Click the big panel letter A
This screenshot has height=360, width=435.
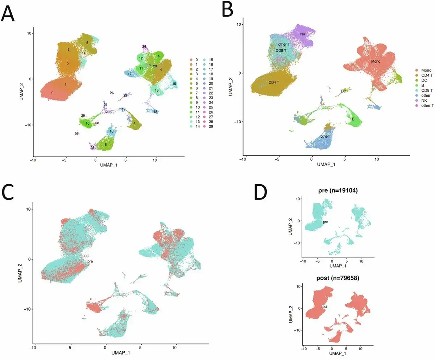(8, 13)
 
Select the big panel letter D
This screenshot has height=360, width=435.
(261, 192)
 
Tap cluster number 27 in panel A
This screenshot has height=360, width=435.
(76, 134)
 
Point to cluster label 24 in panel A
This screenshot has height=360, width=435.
(144, 46)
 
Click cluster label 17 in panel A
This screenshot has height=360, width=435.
(129, 74)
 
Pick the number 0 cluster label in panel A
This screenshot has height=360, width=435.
(52, 93)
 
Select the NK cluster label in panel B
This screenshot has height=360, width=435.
(303, 34)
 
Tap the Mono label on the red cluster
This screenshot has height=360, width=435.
(376, 61)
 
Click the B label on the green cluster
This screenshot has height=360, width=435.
(353, 119)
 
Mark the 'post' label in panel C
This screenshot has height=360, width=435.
(86, 256)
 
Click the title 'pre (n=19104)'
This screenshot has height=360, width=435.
(338, 190)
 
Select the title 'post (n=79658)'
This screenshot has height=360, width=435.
(338, 278)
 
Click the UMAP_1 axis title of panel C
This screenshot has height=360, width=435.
(121, 352)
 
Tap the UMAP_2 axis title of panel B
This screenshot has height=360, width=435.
(230, 87)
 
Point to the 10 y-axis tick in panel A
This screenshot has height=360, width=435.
(29, 33)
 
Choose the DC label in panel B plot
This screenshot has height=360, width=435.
(343, 91)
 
